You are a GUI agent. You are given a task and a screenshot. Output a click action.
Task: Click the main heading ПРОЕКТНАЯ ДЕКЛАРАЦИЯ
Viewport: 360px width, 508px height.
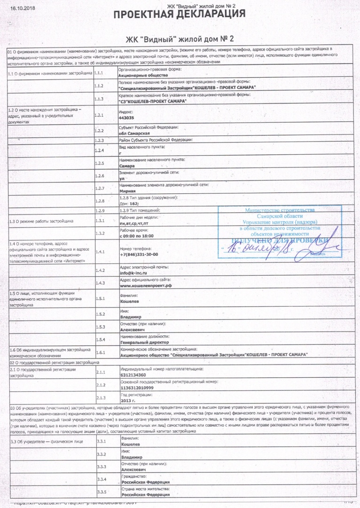180,14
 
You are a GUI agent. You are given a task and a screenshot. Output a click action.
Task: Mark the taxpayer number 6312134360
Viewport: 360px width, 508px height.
133,375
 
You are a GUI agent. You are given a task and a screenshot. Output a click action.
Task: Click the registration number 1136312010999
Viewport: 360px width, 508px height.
137,388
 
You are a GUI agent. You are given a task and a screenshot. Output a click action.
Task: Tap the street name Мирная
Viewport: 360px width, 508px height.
128,191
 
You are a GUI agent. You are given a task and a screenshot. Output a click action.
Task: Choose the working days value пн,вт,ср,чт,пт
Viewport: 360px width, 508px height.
137,222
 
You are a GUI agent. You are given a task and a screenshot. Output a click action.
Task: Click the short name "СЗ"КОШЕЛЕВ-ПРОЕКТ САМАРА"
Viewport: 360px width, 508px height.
153,102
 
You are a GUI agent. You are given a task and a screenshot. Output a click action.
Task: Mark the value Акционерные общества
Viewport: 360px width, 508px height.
141,75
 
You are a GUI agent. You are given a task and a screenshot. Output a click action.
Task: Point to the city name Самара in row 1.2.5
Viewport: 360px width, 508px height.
127,166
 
